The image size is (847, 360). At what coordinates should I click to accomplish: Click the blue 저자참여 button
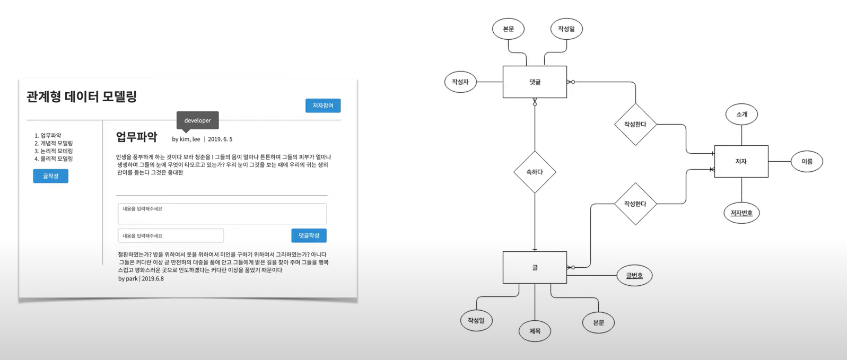(322, 106)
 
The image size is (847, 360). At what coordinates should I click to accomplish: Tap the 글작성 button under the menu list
(50, 176)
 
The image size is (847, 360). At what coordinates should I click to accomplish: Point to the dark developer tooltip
(197, 120)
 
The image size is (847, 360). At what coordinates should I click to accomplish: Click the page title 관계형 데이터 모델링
(82, 96)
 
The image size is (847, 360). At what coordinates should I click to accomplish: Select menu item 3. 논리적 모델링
(54, 151)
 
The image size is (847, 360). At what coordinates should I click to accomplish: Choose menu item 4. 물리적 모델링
(54, 159)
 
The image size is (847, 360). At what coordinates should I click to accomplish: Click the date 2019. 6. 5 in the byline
(220, 139)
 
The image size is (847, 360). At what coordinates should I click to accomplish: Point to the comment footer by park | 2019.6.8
(141, 278)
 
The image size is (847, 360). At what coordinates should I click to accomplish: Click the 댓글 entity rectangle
(535, 82)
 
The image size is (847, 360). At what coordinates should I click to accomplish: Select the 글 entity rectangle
(535, 268)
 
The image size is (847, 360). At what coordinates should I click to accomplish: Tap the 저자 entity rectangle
(741, 162)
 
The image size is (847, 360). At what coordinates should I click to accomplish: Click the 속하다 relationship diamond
(535, 172)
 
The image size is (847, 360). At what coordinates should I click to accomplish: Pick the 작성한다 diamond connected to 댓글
(635, 125)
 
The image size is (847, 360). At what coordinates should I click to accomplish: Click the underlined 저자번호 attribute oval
(741, 213)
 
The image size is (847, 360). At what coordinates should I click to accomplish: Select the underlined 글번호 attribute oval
(634, 276)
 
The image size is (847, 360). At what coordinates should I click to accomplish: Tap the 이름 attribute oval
(807, 162)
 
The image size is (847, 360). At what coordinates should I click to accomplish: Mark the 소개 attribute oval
(741, 115)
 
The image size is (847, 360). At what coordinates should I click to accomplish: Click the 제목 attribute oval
(535, 331)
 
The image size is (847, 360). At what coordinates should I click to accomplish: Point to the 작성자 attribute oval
(460, 82)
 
